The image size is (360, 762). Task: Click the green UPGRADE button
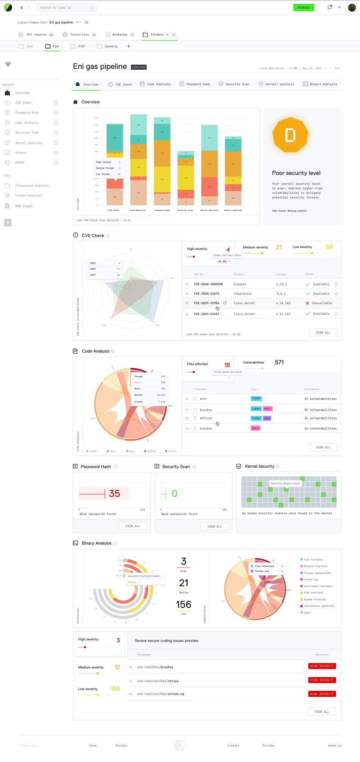pyautogui.click(x=303, y=8)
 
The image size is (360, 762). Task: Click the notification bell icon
pyautogui.click(x=329, y=7)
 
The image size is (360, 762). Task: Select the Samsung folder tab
pyautogui.click(x=111, y=46)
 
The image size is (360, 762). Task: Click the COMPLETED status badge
pyautogui.click(x=139, y=67)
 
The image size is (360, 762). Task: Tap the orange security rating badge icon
pyautogui.click(x=290, y=135)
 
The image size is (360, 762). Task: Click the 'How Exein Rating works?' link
pyautogui.click(x=290, y=211)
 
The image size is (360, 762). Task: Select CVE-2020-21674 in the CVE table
pyautogui.click(x=207, y=294)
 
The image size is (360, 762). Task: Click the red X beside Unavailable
pyautogui.click(x=307, y=303)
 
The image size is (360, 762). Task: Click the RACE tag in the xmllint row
pyautogui.click(x=267, y=418)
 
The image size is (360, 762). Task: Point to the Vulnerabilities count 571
pyautogui.click(x=279, y=362)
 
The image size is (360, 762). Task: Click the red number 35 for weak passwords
pyautogui.click(x=114, y=493)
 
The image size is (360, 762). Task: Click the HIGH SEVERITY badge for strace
pyautogui.click(x=322, y=680)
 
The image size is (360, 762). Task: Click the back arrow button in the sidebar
pyautogui.click(x=8, y=223)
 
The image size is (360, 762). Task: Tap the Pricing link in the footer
pyautogui.click(x=268, y=745)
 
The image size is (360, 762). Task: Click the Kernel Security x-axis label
pyautogui.click(x=209, y=210)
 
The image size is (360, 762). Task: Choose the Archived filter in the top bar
pyautogui.click(x=119, y=34)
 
